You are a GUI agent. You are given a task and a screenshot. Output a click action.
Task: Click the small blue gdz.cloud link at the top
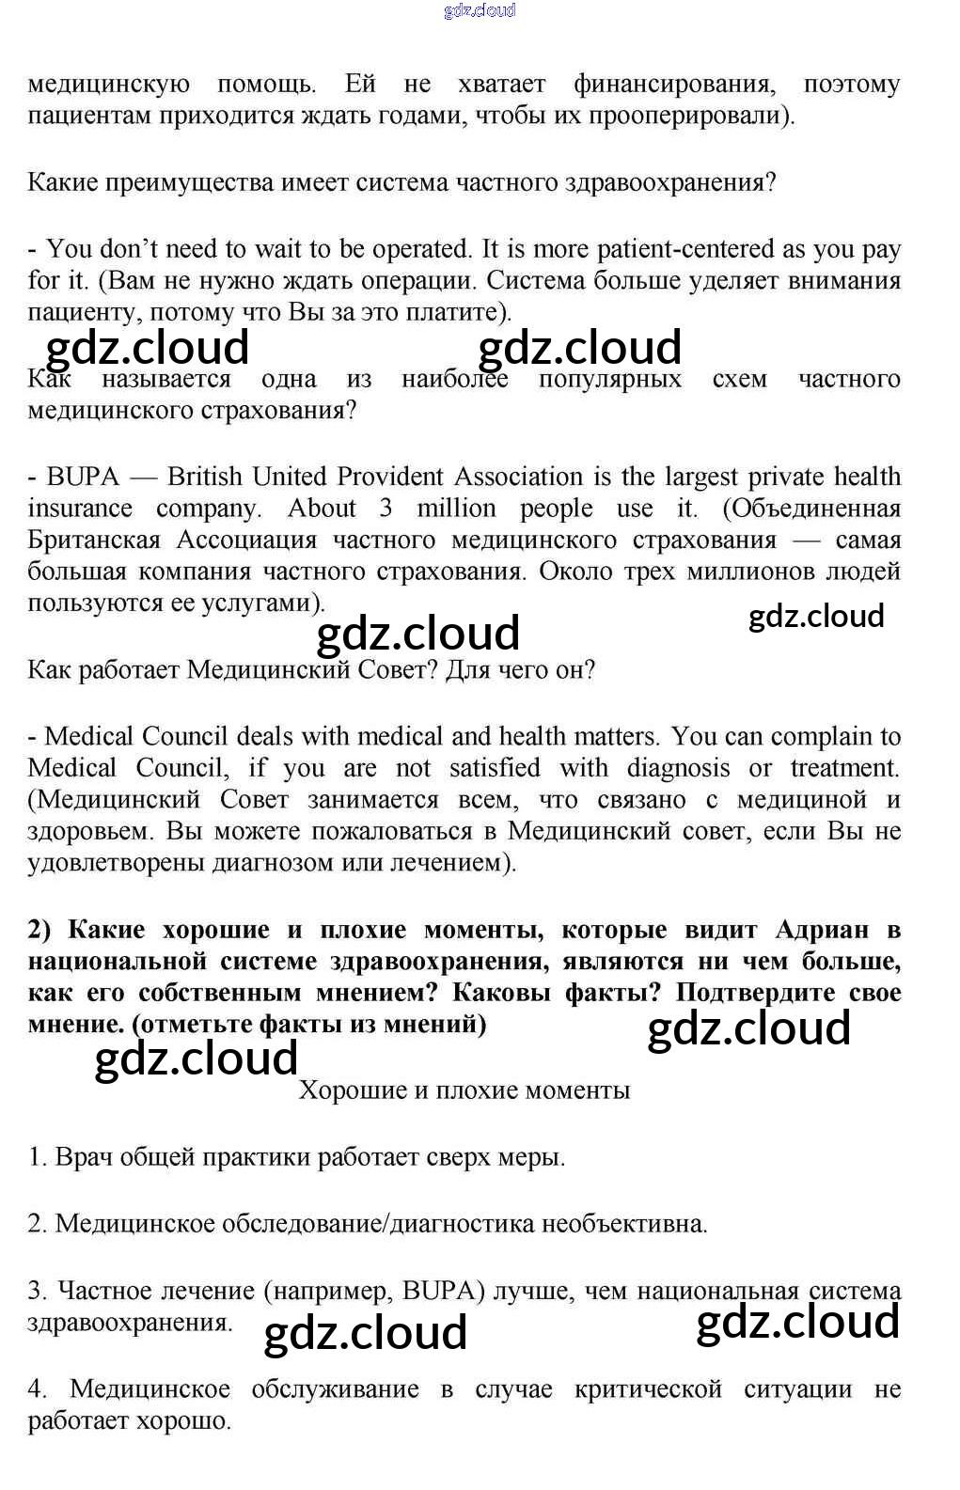click(479, 11)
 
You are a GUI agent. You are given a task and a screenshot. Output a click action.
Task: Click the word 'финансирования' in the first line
click(674, 85)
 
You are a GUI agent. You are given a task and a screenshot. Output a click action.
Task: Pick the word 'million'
click(456, 509)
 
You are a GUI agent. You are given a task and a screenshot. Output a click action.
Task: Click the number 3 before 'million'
click(386, 509)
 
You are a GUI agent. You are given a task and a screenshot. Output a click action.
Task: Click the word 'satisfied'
click(495, 769)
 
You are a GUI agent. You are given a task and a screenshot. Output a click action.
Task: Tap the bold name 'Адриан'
click(822, 931)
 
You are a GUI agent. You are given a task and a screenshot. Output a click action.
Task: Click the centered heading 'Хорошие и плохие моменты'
click(464, 1090)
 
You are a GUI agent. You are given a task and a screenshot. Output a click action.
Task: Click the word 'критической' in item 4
click(647, 1389)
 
